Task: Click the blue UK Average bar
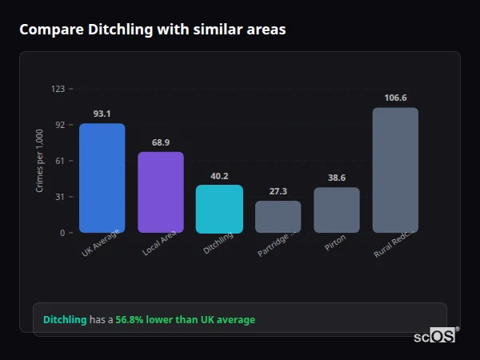[102, 178]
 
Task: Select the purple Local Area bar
[161, 192]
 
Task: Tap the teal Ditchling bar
[219, 209]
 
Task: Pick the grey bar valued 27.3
[278, 217]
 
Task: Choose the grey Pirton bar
[337, 210]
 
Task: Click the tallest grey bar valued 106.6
[395, 170]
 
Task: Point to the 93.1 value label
[102, 114]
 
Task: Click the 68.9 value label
[161, 142]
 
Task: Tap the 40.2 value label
[219, 176]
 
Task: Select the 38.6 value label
[337, 178]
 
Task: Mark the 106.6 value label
[395, 98]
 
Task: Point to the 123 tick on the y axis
[58, 89]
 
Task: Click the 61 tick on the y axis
[59, 161]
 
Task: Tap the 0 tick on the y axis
[62, 233]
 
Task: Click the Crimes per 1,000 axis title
[40, 161]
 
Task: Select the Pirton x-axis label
[335, 243]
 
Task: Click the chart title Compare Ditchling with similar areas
[152, 30]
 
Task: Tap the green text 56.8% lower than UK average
[185, 320]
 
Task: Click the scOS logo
[435, 336]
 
